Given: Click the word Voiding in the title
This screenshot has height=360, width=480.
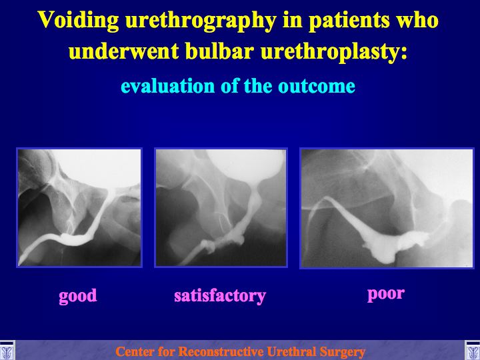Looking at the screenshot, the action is tap(79, 21).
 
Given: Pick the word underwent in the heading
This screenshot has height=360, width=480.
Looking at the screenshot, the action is tap(124, 51).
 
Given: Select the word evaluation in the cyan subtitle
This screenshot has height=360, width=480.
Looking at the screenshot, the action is tap(168, 86).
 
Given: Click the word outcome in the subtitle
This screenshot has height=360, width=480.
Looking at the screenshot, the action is tap(317, 86).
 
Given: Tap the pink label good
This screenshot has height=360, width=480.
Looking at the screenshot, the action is tap(78, 296).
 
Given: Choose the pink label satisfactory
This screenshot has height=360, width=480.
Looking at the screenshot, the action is tap(220, 296).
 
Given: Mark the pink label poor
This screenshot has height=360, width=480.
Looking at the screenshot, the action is tap(386, 295).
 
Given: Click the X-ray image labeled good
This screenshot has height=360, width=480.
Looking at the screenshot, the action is tap(79, 207).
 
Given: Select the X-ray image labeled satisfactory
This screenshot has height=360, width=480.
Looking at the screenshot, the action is tap(221, 207).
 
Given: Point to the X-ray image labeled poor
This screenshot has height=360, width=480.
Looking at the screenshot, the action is tap(387, 208).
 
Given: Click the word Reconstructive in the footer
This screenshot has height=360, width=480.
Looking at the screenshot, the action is tap(220, 352).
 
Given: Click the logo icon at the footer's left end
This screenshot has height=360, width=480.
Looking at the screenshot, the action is tap(7, 350).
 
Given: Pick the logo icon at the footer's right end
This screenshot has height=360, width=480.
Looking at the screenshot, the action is tap(473, 350).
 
